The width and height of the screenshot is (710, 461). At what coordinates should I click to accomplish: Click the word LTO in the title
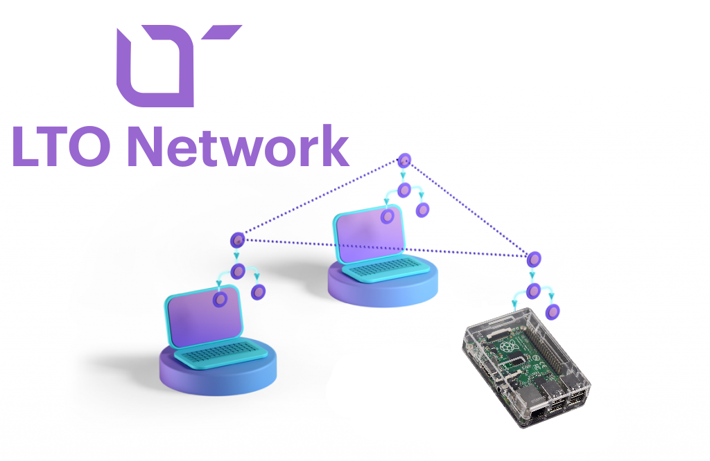66,147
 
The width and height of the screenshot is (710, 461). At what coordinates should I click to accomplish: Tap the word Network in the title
240,147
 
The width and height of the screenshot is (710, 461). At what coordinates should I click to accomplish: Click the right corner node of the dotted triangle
533,260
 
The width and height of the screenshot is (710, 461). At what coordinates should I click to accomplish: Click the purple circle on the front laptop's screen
221,300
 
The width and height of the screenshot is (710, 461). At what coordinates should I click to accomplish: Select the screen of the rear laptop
367,232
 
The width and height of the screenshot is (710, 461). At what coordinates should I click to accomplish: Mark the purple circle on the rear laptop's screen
388,217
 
